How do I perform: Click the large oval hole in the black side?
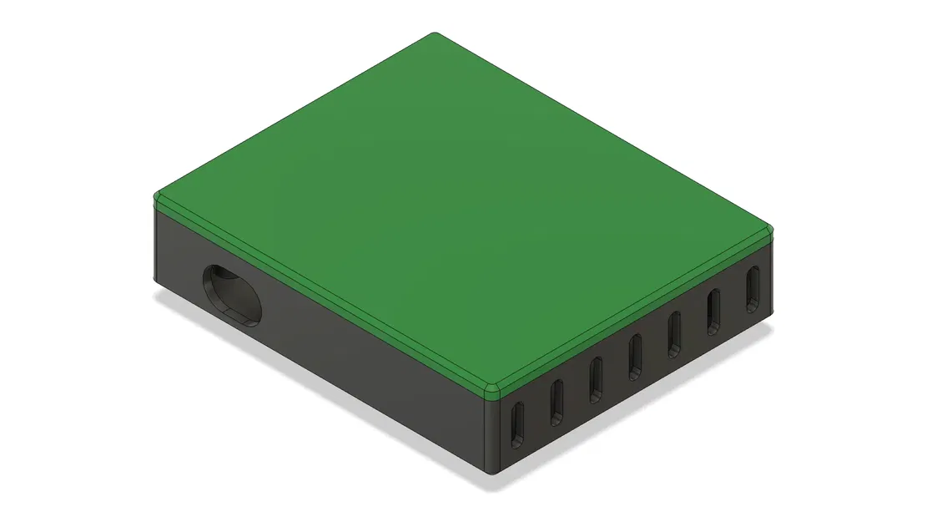coord(232,295)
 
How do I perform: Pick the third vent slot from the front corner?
coord(596,378)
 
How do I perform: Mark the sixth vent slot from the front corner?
coord(713,311)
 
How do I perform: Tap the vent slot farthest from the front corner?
coord(753,288)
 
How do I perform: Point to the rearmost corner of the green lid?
coord(435,35)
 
